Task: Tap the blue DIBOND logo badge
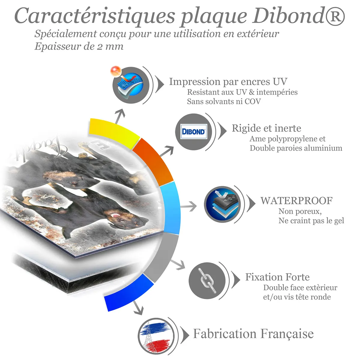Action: pos(194,132)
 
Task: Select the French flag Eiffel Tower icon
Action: pos(156,336)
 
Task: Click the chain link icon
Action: pos(207,280)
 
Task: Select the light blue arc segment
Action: pos(170,208)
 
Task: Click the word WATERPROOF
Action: pos(296,201)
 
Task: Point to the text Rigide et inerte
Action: pos(266,128)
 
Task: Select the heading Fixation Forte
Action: pos(277,277)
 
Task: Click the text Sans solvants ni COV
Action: pos(224,101)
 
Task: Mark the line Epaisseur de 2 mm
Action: pos(79,46)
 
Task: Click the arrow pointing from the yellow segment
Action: pos(120,116)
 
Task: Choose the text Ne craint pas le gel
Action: pos(311,221)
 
